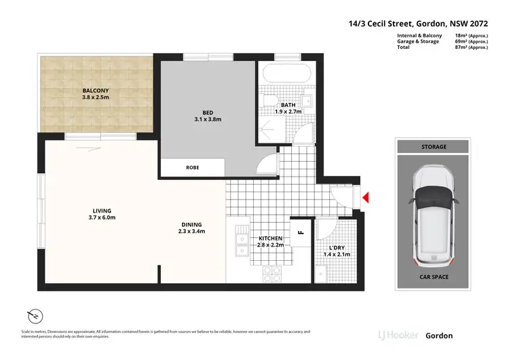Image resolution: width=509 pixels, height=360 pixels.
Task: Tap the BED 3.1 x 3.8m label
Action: (x=207, y=114)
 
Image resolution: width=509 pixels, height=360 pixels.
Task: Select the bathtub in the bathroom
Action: (x=285, y=73)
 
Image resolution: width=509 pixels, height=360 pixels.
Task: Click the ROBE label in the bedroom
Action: (x=193, y=167)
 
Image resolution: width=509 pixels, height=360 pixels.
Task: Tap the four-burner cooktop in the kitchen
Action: (x=272, y=274)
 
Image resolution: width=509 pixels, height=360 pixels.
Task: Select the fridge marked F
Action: (x=300, y=233)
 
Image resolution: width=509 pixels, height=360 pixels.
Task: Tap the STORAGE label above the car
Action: (x=432, y=147)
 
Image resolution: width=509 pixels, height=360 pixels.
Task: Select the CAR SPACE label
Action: (x=432, y=277)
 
